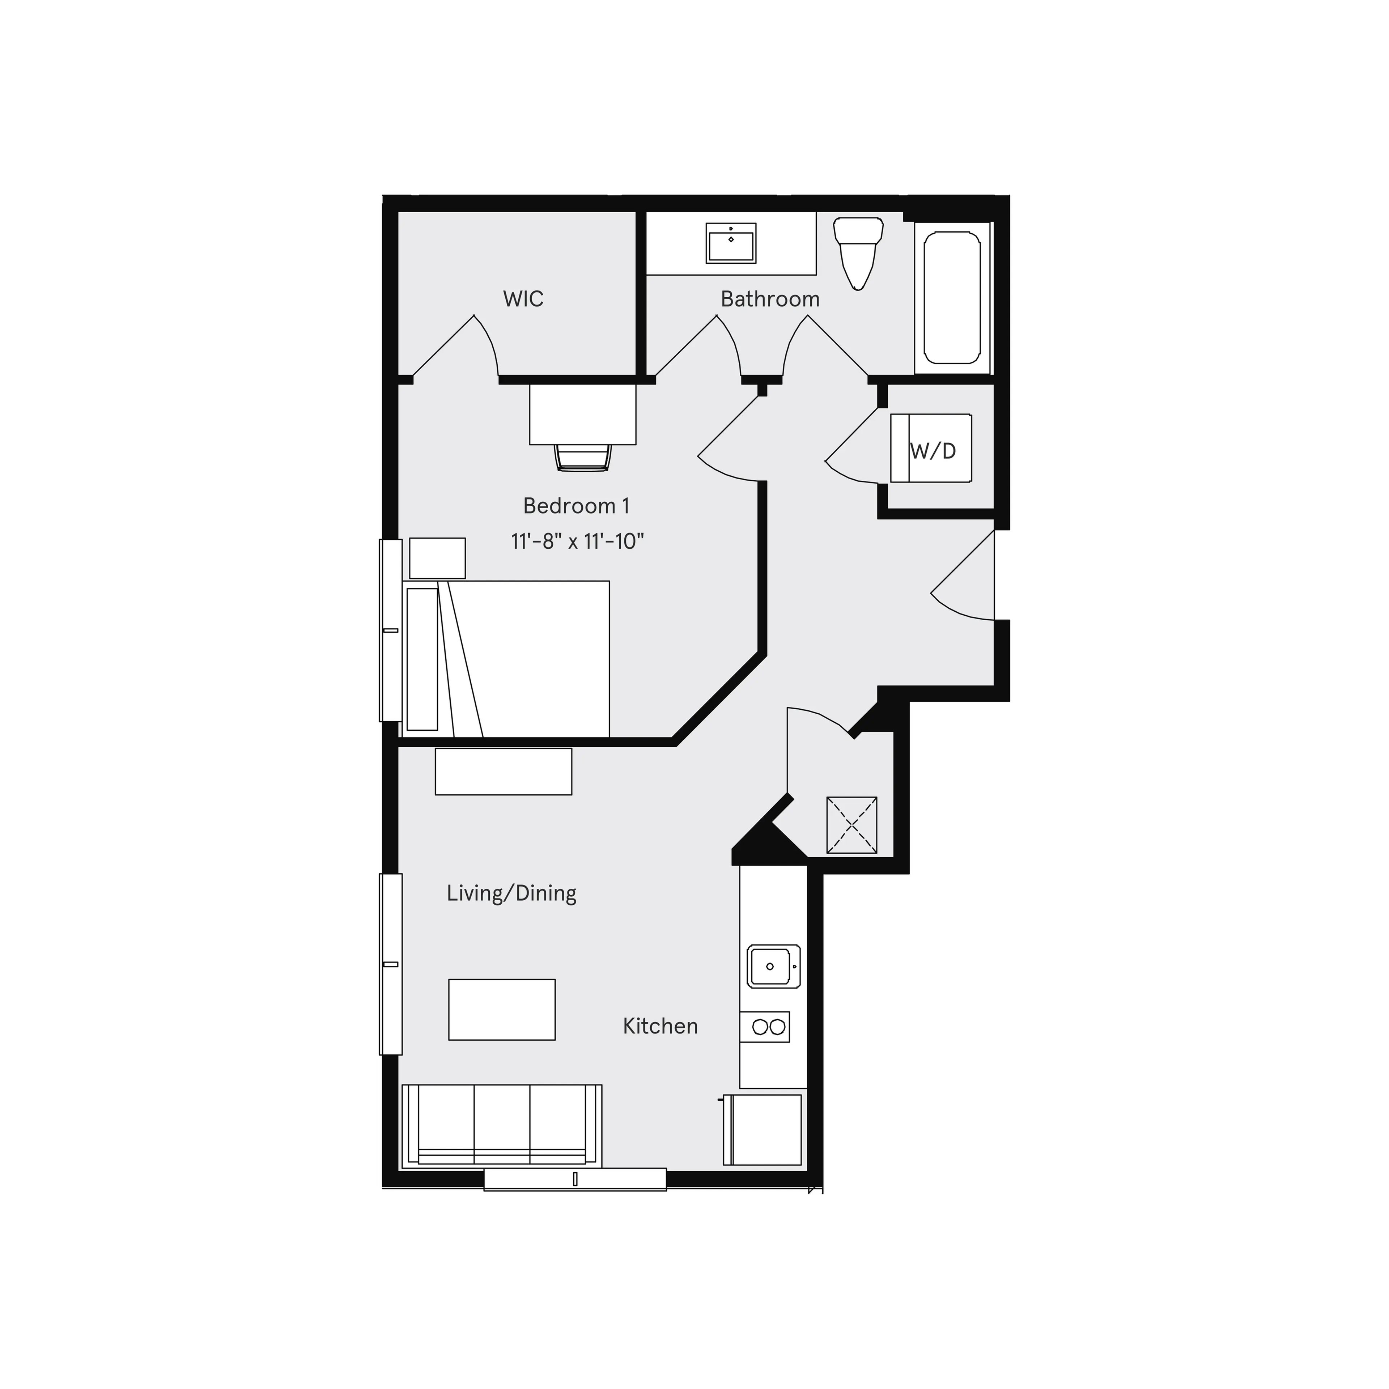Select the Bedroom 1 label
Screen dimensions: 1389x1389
[576, 506]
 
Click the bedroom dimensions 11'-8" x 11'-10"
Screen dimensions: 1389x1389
[577, 541]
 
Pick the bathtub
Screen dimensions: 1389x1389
[952, 298]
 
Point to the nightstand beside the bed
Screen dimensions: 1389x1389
[437, 558]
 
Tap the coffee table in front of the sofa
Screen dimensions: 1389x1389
[502, 1010]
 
